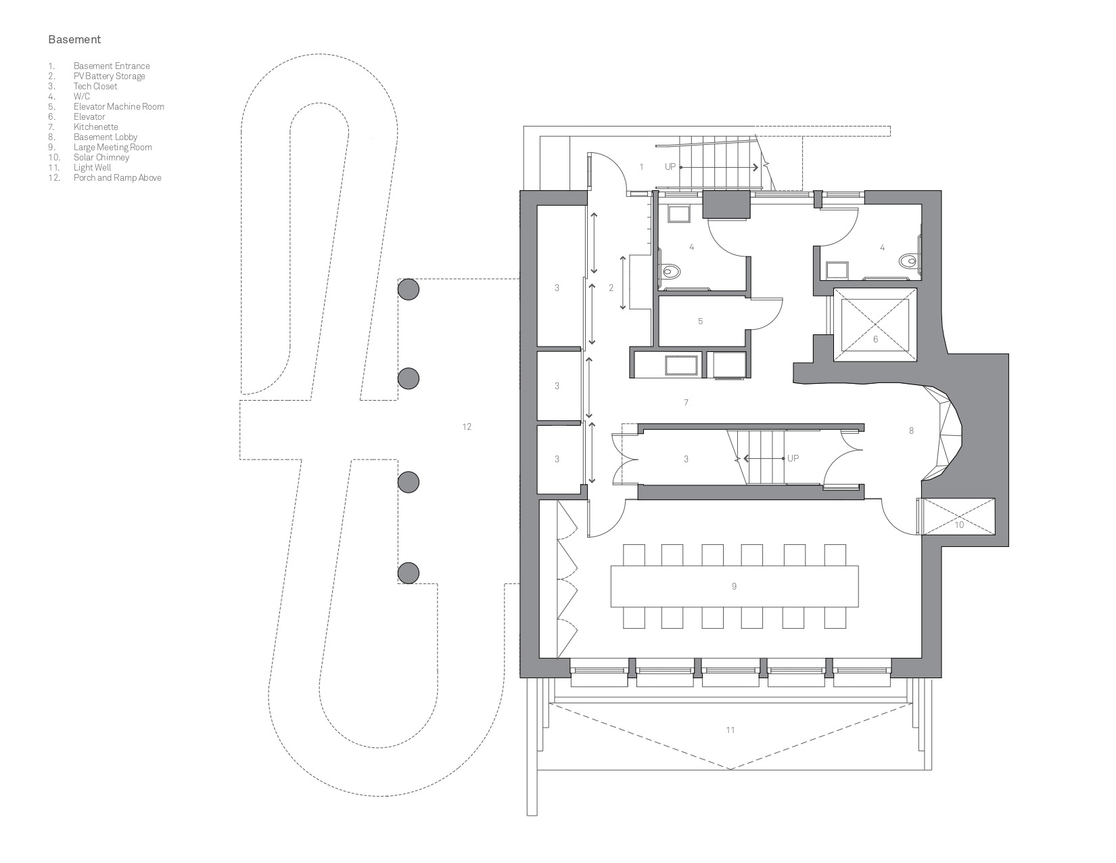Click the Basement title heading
tap(74, 39)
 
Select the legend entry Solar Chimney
tap(101, 157)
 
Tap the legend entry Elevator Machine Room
tap(118, 106)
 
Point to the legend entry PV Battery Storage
tap(109, 76)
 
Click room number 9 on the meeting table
tap(734, 586)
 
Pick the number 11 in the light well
tap(730, 730)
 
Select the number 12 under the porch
tap(466, 426)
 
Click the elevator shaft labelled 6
tap(875, 325)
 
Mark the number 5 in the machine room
tap(700, 322)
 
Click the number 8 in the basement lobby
tap(911, 430)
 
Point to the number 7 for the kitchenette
tap(686, 403)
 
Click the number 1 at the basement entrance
tap(641, 167)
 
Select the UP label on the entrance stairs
tap(670, 167)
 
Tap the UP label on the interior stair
tap(793, 458)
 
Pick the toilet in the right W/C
tap(909, 261)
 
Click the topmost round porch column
tap(409, 290)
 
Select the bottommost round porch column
tap(409, 573)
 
